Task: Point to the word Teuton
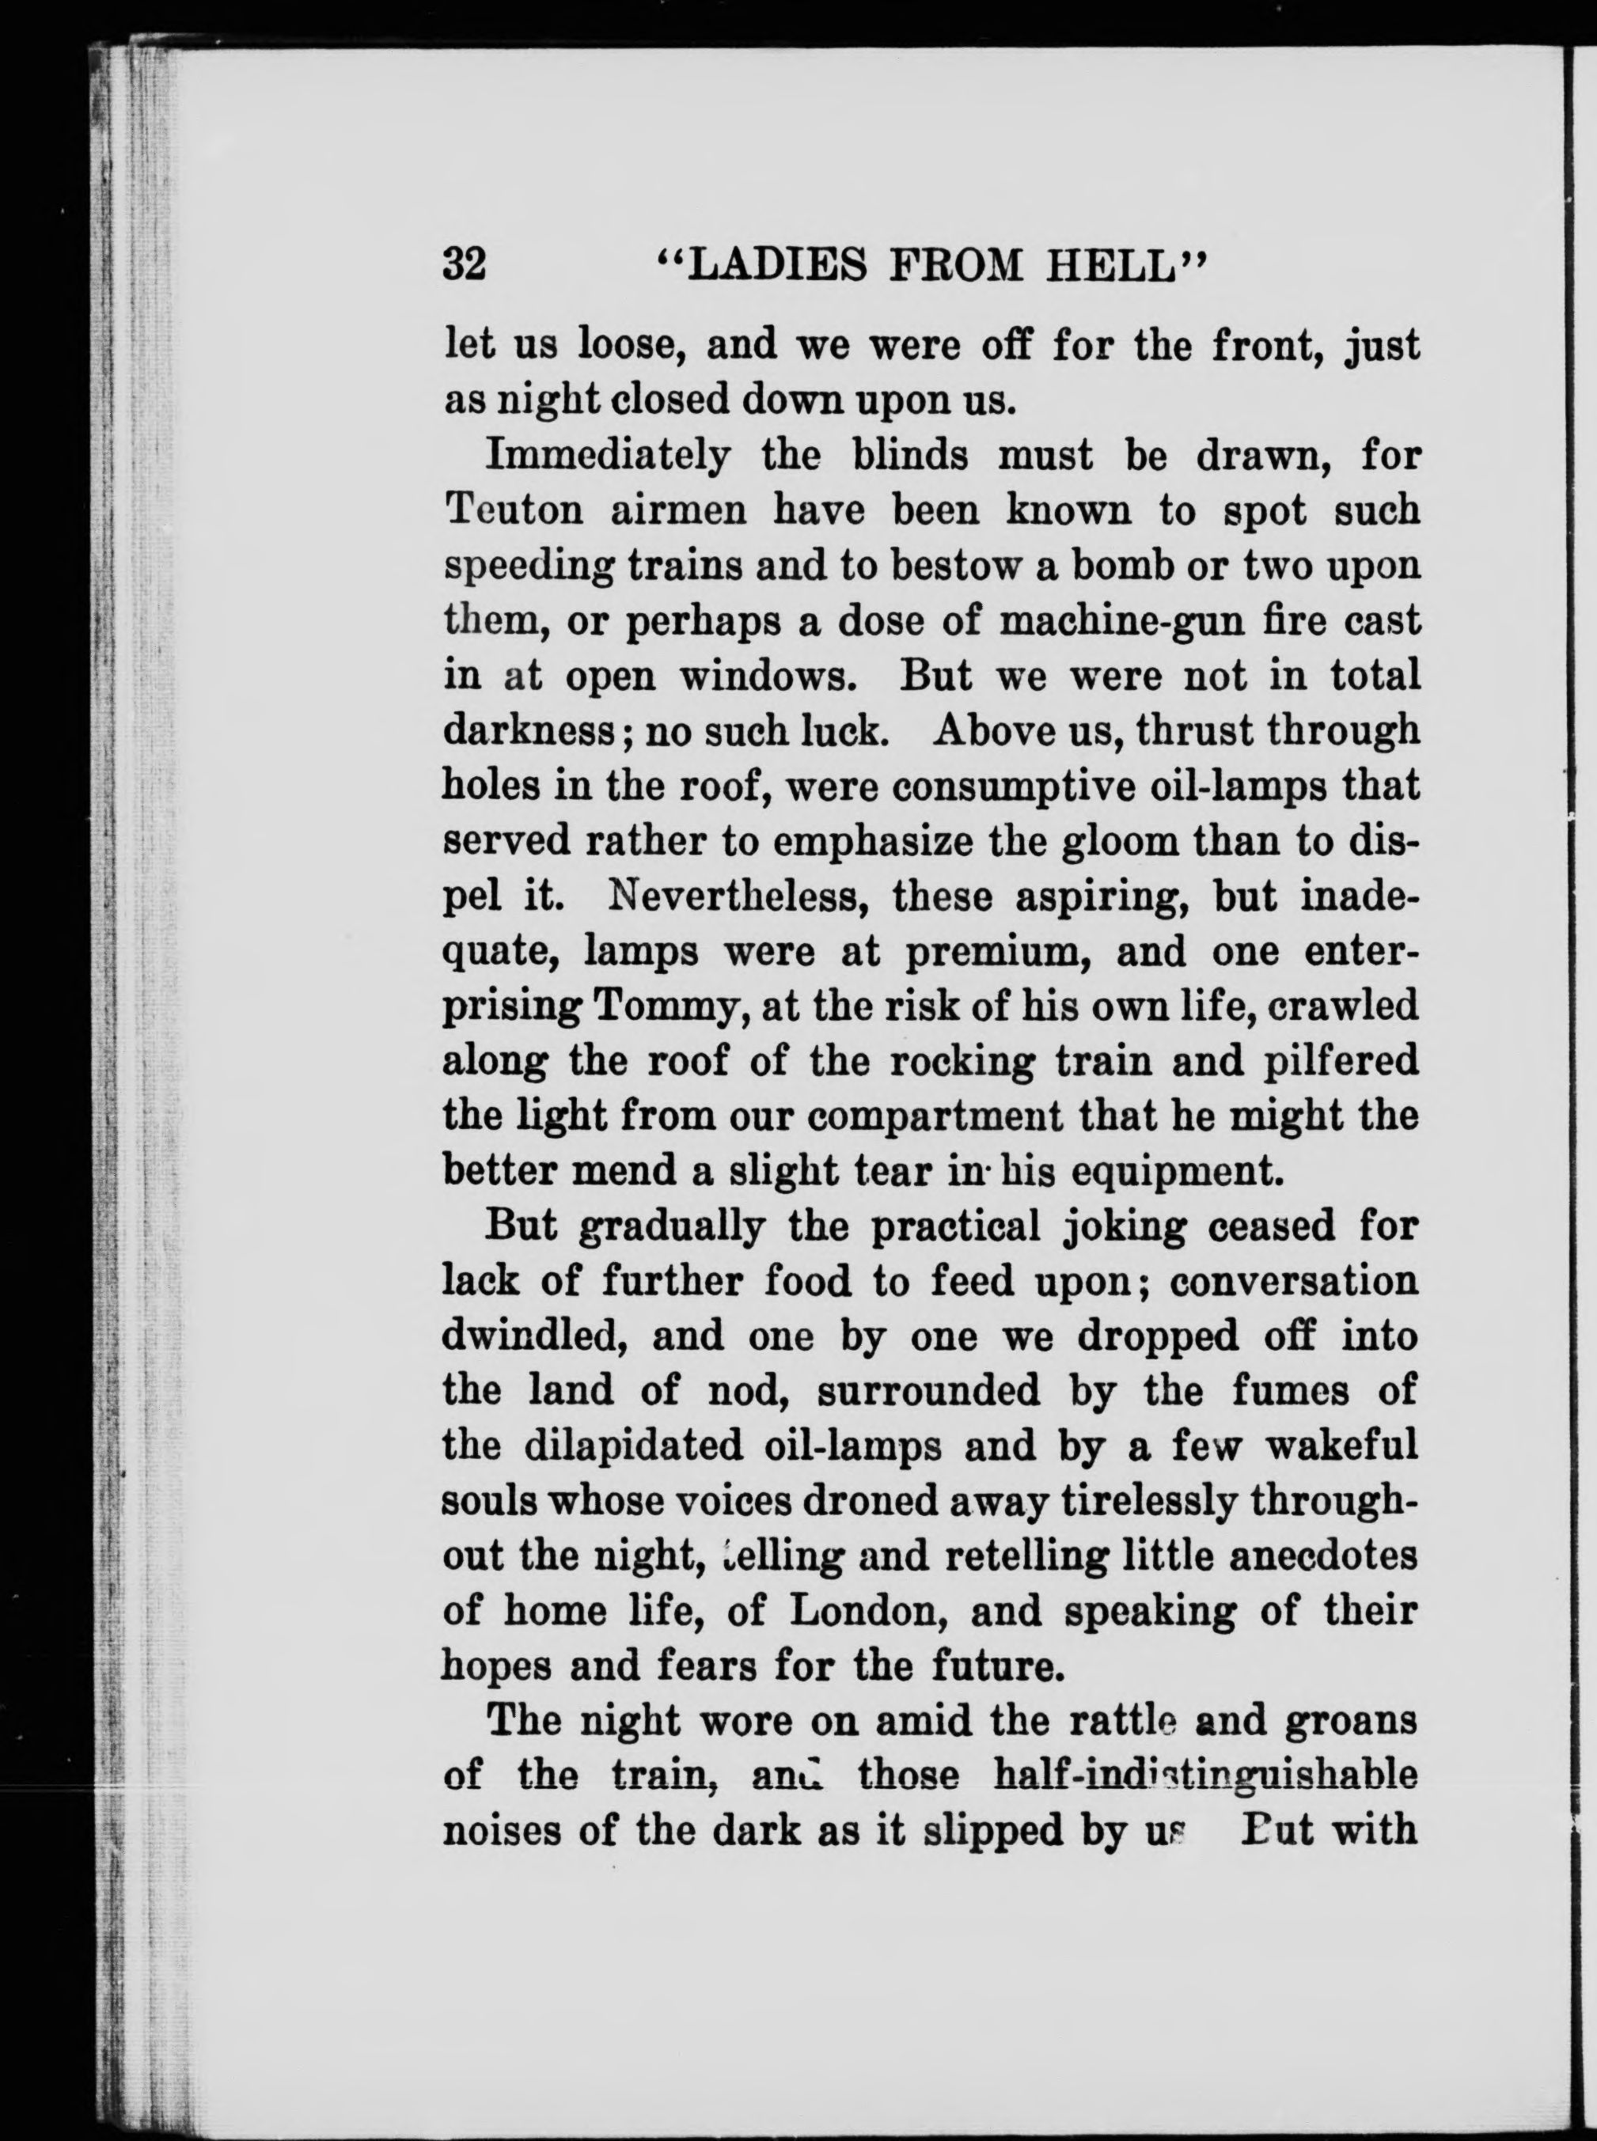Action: click(x=514, y=510)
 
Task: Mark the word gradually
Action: click(x=669, y=1228)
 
